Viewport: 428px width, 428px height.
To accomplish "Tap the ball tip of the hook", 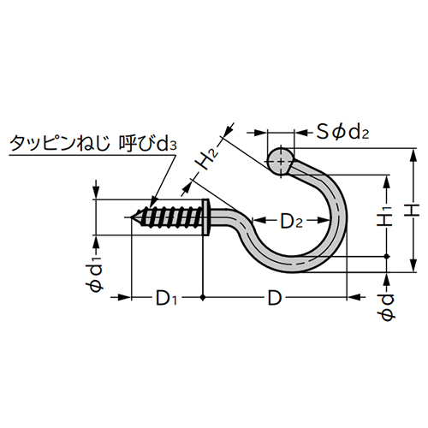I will pos(280,160).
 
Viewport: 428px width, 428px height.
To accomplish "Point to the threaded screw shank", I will pos(171,217).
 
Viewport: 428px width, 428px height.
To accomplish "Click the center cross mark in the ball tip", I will pos(280,160).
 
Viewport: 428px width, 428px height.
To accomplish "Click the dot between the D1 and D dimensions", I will pos(203,298).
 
